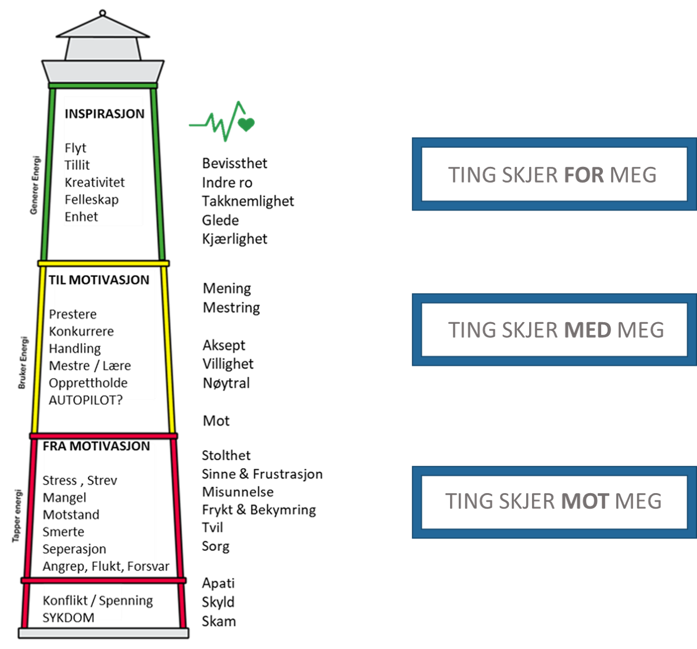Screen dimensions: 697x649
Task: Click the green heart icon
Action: (246, 124)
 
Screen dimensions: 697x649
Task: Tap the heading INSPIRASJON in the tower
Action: (105, 114)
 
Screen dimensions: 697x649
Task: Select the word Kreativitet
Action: (95, 183)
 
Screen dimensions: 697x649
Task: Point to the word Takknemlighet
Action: (248, 201)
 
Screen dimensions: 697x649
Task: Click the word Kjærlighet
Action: (235, 239)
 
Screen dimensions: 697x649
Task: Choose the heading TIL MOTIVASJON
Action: (99, 280)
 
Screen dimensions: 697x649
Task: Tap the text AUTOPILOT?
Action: (85, 400)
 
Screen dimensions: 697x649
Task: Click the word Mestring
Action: (231, 308)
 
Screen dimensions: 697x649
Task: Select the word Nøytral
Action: (227, 383)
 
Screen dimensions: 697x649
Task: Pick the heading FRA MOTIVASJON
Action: (96, 446)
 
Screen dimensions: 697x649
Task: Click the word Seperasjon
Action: (74, 549)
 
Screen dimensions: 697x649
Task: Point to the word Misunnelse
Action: (238, 492)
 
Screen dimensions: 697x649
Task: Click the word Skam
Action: (218, 621)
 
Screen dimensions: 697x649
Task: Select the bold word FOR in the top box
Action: (584, 174)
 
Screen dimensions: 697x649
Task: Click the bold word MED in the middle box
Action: (587, 330)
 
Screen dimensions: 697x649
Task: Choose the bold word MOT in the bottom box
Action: (585, 501)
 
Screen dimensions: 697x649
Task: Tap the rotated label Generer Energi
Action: (35, 185)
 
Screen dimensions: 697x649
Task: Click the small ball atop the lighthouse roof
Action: (102, 13)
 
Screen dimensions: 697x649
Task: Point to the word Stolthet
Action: (226, 455)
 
